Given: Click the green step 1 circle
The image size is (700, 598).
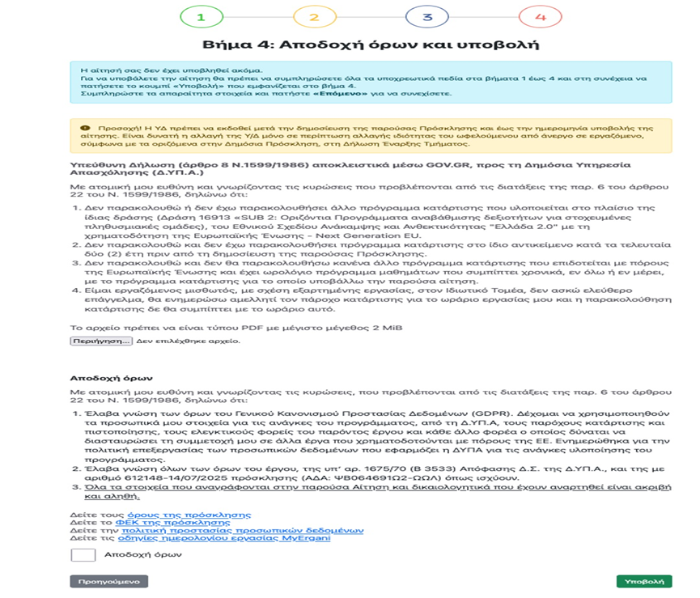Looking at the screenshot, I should (x=201, y=16).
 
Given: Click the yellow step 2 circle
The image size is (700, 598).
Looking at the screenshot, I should (x=314, y=16).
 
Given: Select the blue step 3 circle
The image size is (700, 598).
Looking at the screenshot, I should (x=427, y=16).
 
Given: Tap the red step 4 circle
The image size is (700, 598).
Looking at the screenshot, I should (x=541, y=16).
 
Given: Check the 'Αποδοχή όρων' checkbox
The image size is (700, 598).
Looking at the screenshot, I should (x=83, y=555).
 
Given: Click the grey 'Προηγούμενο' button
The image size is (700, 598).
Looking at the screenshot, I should (x=108, y=581).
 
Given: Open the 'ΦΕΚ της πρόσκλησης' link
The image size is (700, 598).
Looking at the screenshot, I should (x=160, y=523).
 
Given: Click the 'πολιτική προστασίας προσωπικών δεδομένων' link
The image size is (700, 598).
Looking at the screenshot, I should (x=243, y=530).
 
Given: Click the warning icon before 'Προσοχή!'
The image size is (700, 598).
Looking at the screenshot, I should (x=85, y=128).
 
